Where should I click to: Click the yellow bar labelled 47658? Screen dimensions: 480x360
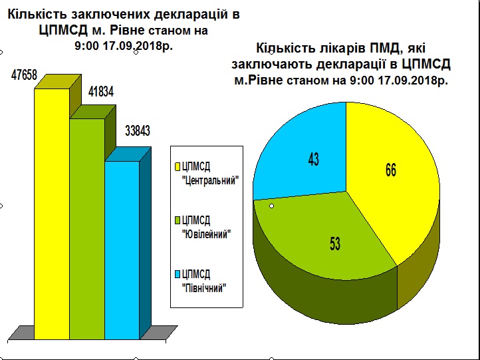coord(52,214)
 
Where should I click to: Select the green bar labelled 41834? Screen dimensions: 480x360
coord(87,229)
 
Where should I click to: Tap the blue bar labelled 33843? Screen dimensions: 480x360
coord(122,250)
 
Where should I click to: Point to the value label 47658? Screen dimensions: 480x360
coord(24,75)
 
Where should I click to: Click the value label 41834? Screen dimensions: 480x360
coord(101,92)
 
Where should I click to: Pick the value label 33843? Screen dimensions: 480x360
coord(138,131)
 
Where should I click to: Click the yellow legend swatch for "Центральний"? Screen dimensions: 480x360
coord(178,167)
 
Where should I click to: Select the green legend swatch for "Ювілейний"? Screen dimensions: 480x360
coord(178,221)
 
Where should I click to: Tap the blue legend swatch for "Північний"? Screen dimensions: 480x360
coord(178,274)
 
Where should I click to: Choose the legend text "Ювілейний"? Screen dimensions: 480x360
coord(206,235)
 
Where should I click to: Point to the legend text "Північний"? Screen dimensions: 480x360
coord(204,288)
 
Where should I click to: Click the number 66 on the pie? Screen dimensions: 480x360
coord(391,170)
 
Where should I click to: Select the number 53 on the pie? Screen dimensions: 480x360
coord(335,244)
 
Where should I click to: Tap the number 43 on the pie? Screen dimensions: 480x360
coord(314,159)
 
